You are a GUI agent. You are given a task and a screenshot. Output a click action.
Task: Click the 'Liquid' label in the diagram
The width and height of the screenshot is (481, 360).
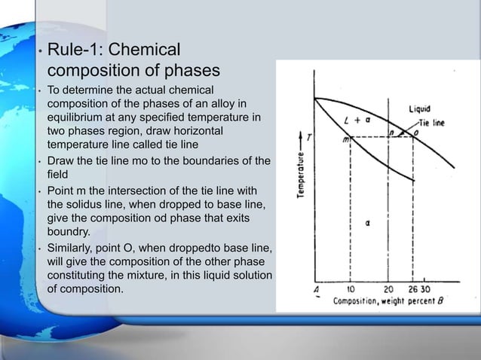click(x=420, y=109)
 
